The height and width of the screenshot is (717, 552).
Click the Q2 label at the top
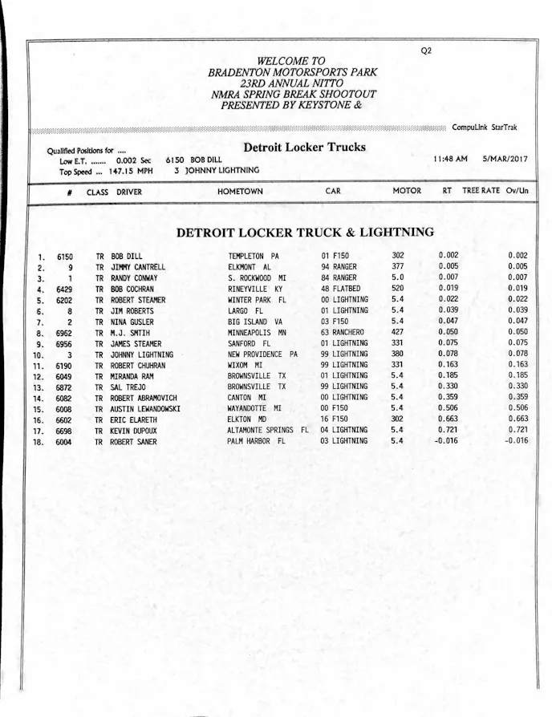(x=426, y=51)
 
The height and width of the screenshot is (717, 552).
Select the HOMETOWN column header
(x=239, y=192)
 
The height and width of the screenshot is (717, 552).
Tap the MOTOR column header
(x=406, y=191)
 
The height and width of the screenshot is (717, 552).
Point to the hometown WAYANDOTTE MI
(x=254, y=408)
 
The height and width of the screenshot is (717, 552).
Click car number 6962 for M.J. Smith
(x=65, y=332)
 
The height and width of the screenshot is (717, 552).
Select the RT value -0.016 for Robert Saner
(x=446, y=440)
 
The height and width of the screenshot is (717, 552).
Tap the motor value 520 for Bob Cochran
(x=398, y=288)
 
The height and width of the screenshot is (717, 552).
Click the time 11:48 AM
(x=450, y=159)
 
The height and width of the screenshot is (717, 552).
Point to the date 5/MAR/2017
(x=505, y=159)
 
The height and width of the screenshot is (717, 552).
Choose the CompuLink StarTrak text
(x=485, y=128)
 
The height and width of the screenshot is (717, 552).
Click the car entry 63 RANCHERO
(x=343, y=332)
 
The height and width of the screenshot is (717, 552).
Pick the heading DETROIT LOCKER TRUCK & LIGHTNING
(x=305, y=233)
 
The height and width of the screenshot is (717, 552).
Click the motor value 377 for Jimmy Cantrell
(x=398, y=266)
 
